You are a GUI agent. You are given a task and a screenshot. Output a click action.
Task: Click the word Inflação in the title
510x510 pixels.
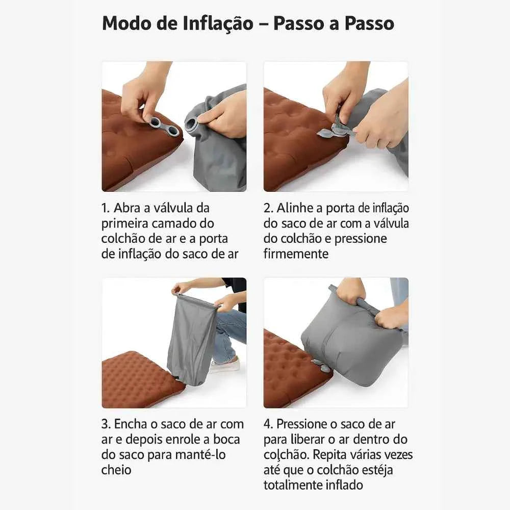(218, 24)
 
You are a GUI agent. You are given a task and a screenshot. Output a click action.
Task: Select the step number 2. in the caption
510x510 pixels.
(268, 208)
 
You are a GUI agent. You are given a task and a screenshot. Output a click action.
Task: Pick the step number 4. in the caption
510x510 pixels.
(268, 424)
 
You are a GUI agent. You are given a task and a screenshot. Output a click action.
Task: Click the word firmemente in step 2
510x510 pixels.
(296, 253)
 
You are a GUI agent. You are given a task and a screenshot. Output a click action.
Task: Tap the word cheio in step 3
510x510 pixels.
(116, 470)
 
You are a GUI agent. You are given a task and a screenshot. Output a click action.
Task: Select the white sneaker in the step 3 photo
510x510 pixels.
(224, 365)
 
